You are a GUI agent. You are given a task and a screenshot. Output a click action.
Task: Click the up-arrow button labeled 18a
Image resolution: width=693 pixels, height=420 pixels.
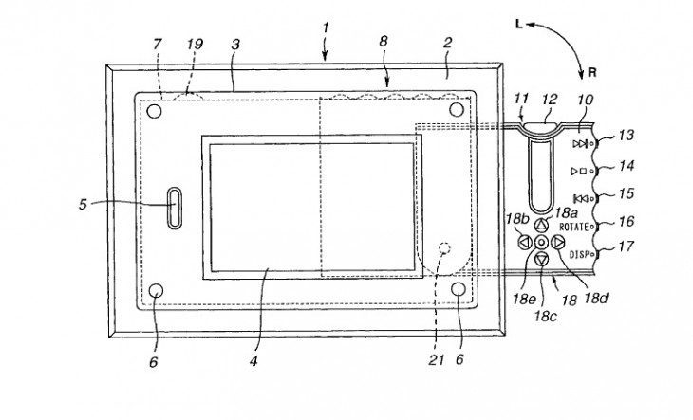pyautogui.click(x=541, y=226)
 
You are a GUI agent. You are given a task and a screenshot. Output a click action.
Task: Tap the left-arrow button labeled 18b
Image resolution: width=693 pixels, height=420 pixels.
pyautogui.click(x=525, y=242)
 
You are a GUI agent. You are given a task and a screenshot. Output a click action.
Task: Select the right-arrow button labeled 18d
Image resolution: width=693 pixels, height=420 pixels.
pyautogui.click(x=558, y=242)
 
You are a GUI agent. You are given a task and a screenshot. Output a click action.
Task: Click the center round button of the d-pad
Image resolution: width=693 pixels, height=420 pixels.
pyautogui.click(x=541, y=242)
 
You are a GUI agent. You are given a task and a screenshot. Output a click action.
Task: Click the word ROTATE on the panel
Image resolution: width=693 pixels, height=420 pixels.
pyautogui.click(x=573, y=228)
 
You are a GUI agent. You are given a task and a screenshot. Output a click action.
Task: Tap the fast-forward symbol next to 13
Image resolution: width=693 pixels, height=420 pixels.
pyautogui.click(x=580, y=144)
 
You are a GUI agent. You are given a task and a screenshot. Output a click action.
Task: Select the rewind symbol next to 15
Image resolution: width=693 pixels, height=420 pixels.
pyautogui.click(x=581, y=198)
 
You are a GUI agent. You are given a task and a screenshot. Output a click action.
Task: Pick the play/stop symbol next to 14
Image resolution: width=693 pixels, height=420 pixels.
pyautogui.click(x=579, y=172)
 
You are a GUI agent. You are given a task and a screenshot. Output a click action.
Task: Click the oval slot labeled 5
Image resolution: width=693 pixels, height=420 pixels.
pyautogui.click(x=174, y=209)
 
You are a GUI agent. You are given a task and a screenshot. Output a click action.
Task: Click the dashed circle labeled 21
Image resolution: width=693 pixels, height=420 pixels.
pyautogui.click(x=445, y=248)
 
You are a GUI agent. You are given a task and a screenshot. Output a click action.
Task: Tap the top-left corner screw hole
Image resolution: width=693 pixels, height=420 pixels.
pyautogui.click(x=154, y=111)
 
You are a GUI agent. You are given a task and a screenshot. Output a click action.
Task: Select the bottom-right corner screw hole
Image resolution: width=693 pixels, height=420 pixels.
pyautogui.click(x=459, y=289)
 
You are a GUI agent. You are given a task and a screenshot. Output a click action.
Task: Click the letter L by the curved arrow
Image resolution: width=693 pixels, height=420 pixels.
pyautogui.click(x=519, y=25)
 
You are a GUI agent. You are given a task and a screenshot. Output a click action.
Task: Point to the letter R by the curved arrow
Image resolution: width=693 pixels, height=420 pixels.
pyautogui.click(x=592, y=73)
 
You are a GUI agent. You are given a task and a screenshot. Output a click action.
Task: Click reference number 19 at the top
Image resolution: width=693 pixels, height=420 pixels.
pyautogui.click(x=195, y=45)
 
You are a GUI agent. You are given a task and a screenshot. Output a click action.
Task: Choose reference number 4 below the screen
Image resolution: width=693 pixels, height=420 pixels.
pyautogui.click(x=253, y=361)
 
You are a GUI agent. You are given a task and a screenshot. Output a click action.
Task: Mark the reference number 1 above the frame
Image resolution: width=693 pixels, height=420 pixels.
pyautogui.click(x=326, y=27)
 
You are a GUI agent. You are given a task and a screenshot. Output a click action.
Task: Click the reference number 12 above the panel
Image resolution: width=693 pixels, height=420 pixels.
pyautogui.click(x=550, y=100)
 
